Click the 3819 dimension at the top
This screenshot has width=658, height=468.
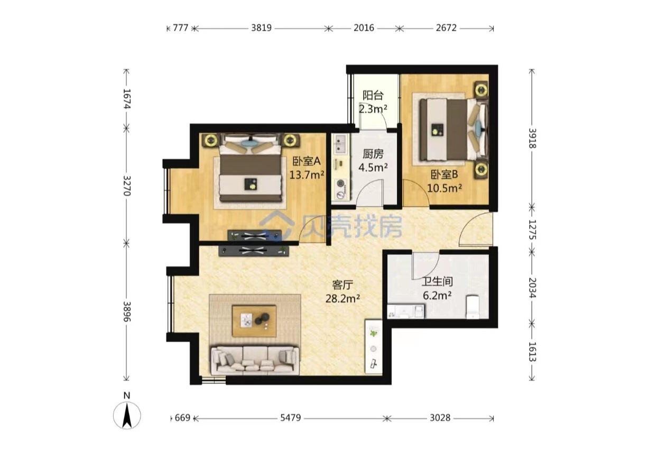point(261,28)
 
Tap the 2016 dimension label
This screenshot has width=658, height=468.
point(364,28)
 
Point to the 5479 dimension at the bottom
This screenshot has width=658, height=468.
point(290,418)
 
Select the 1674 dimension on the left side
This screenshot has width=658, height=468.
point(127,99)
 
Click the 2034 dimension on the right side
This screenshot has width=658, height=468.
point(532,288)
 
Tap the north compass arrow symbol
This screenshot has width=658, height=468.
point(127,415)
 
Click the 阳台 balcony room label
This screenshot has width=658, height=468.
point(373,95)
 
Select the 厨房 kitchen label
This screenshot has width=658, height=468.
point(373,154)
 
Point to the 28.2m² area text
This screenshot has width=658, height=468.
point(342,299)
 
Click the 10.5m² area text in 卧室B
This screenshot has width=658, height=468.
point(444,188)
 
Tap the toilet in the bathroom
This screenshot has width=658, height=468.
point(472,307)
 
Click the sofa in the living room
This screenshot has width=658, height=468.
point(255,361)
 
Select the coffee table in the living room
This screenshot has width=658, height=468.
point(254,321)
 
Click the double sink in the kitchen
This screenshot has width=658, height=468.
point(340,144)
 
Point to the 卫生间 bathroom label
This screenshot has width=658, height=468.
point(437,282)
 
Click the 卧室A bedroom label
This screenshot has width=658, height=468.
point(307,161)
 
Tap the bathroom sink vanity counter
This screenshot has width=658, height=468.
point(406,311)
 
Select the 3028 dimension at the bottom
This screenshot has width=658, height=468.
point(440,418)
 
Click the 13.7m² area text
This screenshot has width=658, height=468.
point(307,175)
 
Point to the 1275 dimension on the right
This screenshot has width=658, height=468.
point(532,230)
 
